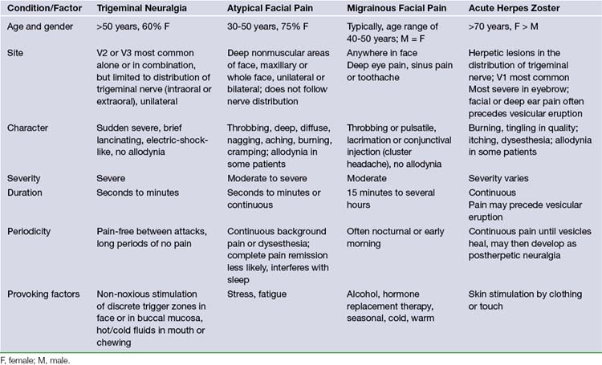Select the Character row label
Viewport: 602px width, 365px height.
(28, 128)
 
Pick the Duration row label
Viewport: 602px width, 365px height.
(26, 193)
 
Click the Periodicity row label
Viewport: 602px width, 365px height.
(31, 231)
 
